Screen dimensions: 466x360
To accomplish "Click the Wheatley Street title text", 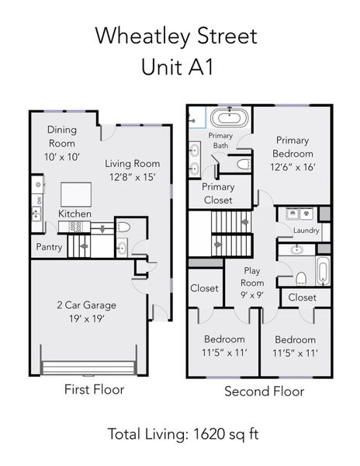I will pyautogui.click(x=176, y=36).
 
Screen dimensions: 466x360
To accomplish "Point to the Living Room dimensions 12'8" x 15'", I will pyautogui.click(x=133, y=177).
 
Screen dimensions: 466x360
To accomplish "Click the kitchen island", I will pyautogui.click(x=75, y=192).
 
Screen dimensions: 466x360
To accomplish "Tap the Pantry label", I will pyautogui.click(x=48, y=248).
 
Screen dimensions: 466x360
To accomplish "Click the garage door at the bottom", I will pyautogui.click(x=89, y=367).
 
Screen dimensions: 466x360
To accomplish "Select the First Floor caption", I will pyautogui.click(x=94, y=389).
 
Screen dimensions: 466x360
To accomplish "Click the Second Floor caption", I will pyautogui.click(x=264, y=391).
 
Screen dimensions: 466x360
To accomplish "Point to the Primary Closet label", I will pyautogui.click(x=217, y=193).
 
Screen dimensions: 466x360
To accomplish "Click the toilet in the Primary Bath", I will pyautogui.click(x=241, y=164).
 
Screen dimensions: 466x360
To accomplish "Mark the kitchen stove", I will pyautogui.click(x=77, y=227).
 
